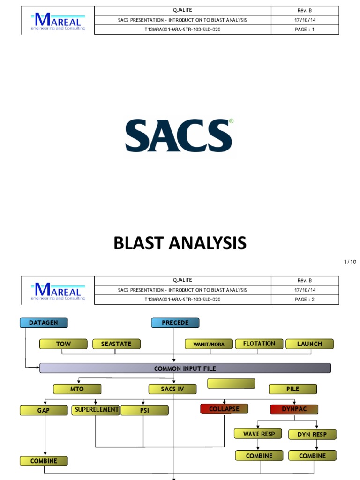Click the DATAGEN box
44,322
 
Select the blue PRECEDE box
175,322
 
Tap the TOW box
63,344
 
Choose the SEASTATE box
116,344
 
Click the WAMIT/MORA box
209,344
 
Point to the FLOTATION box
259,344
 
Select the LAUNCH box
309,344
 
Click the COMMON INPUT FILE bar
185,368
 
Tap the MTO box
77,389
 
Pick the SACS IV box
172,389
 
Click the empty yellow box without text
231,383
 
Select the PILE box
292,389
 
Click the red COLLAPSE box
224,409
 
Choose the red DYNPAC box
294,409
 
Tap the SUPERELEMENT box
96,410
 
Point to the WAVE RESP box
259,434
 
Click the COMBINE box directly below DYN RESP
312,456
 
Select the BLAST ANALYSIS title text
180,243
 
